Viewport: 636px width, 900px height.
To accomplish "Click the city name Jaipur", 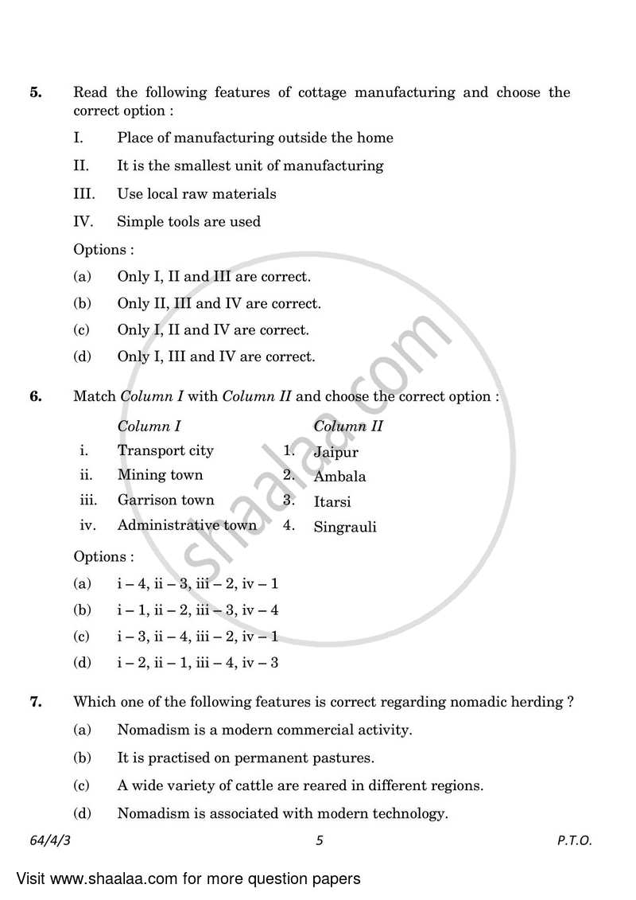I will (335, 452).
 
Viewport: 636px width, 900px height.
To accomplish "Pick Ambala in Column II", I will (339, 477).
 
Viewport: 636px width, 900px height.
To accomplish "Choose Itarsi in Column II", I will (332, 502).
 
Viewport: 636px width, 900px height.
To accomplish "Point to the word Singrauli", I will (344, 527).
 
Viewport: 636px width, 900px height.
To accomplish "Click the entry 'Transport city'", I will (165, 450).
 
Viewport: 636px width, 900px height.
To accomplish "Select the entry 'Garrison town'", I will (165, 500).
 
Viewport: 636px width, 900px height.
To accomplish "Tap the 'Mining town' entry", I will (160, 475).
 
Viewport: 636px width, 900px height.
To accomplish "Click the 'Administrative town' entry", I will (187, 524).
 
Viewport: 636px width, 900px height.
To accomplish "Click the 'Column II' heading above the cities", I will (347, 426).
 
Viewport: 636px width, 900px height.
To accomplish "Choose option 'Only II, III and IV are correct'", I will (219, 303).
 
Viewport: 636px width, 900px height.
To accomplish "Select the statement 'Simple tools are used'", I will (188, 222).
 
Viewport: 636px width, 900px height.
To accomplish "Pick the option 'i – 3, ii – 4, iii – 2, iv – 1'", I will (197, 637).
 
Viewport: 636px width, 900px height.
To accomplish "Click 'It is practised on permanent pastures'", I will (245, 758).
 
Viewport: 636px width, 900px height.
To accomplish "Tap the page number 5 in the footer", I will (319, 840).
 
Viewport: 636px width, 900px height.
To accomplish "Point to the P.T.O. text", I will (574, 840).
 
